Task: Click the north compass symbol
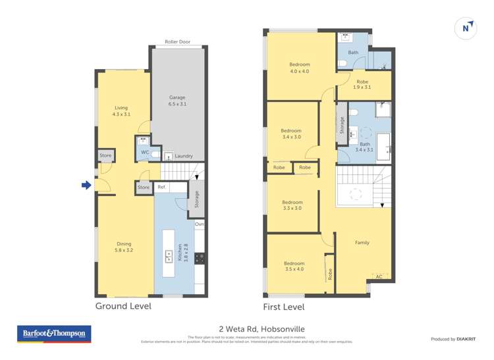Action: [x=466, y=28]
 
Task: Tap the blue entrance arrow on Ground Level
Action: [x=86, y=186]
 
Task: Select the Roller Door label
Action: [x=177, y=41]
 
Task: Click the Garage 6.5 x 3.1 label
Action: [x=177, y=100]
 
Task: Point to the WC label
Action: [x=144, y=153]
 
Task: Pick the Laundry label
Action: [x=183, y=156]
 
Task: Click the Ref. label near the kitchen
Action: [x=161, y=188]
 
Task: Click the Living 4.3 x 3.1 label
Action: [x=121, y=111]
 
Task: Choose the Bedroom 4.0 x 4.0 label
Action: [x=299, y=67]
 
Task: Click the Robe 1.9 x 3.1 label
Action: [x=362, y=84]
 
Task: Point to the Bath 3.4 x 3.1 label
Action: [x=364, y=147]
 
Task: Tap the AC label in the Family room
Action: [x=378, y=276]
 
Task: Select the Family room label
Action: [x=362, y=242]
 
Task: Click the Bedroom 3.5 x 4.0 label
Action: [x=294, y=266]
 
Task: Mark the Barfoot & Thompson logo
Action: [x=54, y=334]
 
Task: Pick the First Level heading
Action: [x=283, y=307]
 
